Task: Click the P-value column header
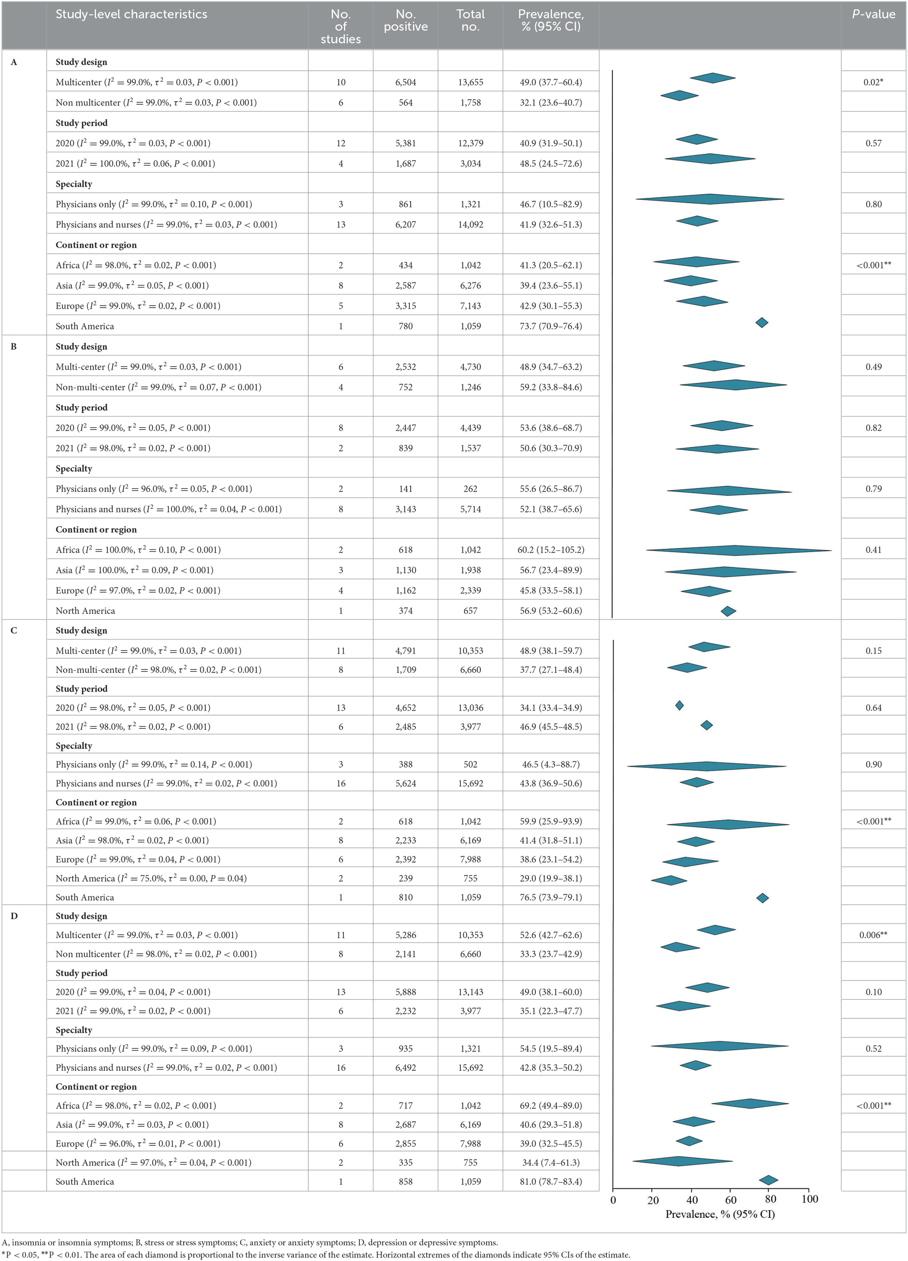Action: coord(873,15)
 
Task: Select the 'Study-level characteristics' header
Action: coord(131,15)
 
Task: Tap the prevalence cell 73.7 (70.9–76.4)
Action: coord(550,326)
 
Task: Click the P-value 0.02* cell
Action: coord(873,82)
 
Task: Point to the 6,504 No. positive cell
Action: coord(406,82)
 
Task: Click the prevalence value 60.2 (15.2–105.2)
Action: coord(550,549)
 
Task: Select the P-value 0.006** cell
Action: coord(873,935)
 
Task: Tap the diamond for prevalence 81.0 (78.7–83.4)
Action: coord(768,1180)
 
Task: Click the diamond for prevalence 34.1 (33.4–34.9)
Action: coord(679,706)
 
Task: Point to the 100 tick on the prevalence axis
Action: coord(810,1199)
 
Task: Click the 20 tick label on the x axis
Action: coord(653,1199)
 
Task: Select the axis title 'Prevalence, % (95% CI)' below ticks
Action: coord(720,1214)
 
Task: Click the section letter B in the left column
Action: coord(14,347)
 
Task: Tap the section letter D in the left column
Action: coord(14,915)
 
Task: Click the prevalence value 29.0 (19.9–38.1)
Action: coord(550,878)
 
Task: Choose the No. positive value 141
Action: coord(406,489)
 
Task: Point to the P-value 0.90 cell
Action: coord(873,764)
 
